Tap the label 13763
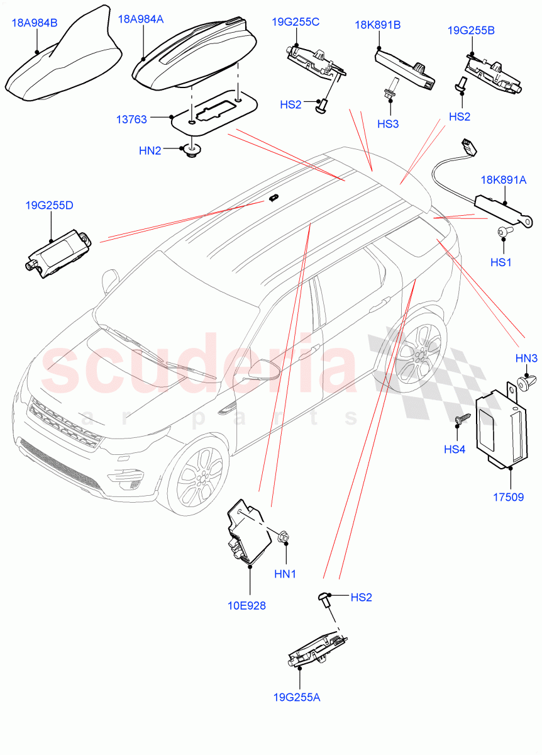click(x=131, y=118)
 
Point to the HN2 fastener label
click(x=150, y=150)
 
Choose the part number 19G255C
click(x=296, y=22)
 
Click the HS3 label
click(x=388, y=124)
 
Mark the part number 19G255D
click(x=50, y=205)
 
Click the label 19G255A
click(x=298, y=696)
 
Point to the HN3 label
click(x=526, y=358)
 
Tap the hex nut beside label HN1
click(x=282, y=538)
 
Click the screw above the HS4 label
click(x=462, y=419)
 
